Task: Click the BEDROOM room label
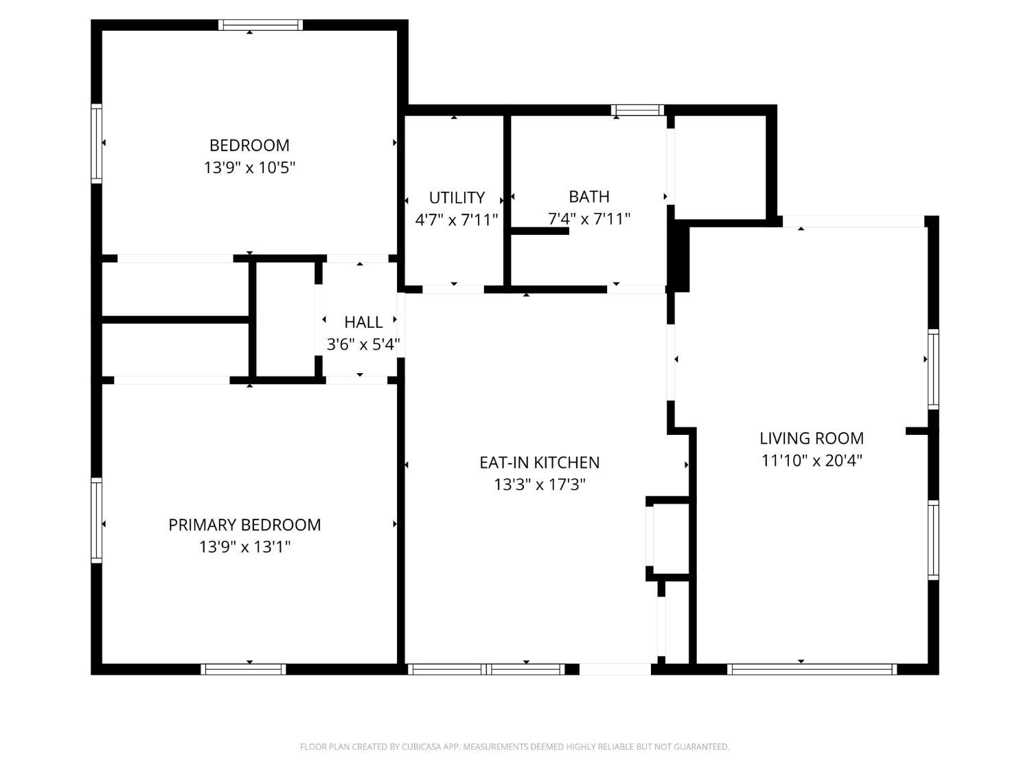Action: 249,145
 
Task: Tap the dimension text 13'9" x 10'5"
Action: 249,168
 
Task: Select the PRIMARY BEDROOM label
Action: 244,525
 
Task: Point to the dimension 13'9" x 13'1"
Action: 244,547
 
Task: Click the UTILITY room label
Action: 457,198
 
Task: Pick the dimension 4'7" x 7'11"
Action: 457,220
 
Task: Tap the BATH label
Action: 588,197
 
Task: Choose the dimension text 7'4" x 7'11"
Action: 588,219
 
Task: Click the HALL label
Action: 363,322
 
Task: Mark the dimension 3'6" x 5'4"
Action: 363,344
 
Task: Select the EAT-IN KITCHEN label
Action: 539,462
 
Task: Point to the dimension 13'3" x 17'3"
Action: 539,484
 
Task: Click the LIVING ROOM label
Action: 811,438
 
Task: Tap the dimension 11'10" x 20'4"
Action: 811,460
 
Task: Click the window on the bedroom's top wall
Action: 260,25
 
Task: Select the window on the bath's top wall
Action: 637,110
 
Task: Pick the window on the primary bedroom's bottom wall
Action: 243,669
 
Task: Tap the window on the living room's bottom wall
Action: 812,669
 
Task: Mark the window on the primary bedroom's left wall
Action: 97,520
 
